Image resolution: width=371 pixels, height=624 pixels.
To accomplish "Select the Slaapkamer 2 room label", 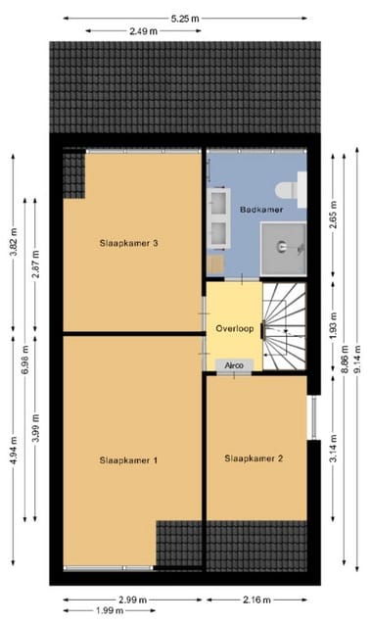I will point(253,457).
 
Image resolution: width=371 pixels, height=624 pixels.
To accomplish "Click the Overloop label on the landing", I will point(234,329).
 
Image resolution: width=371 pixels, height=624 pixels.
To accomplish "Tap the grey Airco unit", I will point(234,365).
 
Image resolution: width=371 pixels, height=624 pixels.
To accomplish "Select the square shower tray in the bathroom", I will point(284,245).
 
